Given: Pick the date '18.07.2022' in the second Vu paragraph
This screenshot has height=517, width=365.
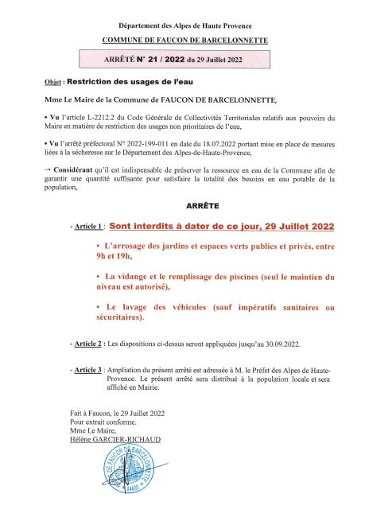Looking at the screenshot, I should tap(238, 142).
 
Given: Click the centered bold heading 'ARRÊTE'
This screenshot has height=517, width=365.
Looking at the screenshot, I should tap(182, 204).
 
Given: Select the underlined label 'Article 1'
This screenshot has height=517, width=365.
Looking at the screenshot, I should tap(89, 227).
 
